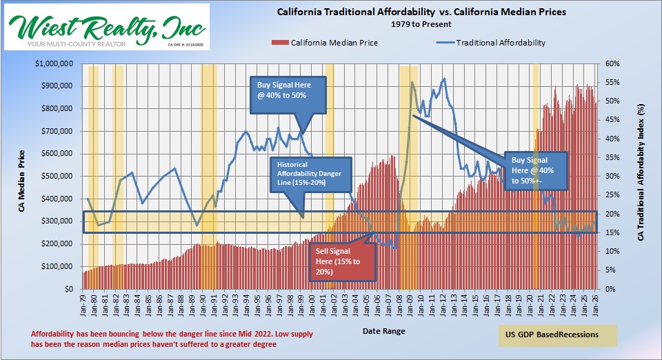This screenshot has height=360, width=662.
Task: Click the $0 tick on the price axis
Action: point(69,289)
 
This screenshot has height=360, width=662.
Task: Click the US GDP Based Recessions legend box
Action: point(557,335)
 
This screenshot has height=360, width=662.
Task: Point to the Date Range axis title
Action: point(384,332)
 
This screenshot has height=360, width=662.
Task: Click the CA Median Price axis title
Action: point(22,176)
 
